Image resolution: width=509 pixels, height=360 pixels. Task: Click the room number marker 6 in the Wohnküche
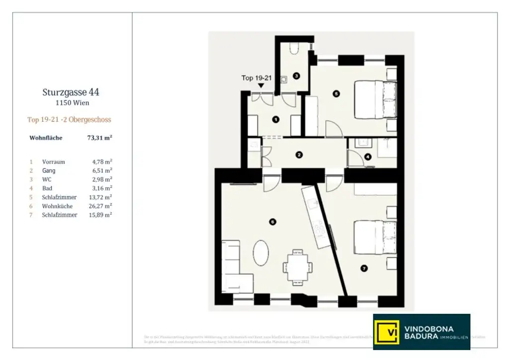272,222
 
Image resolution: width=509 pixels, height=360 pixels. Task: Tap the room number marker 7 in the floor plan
364,269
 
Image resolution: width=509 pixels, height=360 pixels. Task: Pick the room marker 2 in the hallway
299,155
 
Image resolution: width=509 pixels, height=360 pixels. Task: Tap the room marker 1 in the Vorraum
276,119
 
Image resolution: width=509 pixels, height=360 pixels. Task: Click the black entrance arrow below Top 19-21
261,86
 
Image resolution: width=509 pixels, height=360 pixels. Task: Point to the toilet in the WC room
293,48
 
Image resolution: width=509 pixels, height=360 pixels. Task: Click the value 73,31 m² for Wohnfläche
99,138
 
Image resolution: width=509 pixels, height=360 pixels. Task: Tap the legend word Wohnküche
57,206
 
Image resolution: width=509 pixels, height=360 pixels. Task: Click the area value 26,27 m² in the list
102,206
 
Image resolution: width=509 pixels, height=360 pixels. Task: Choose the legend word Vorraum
54,162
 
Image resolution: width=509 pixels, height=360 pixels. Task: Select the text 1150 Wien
73,103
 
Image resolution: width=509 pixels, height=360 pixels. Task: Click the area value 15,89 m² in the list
102,215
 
